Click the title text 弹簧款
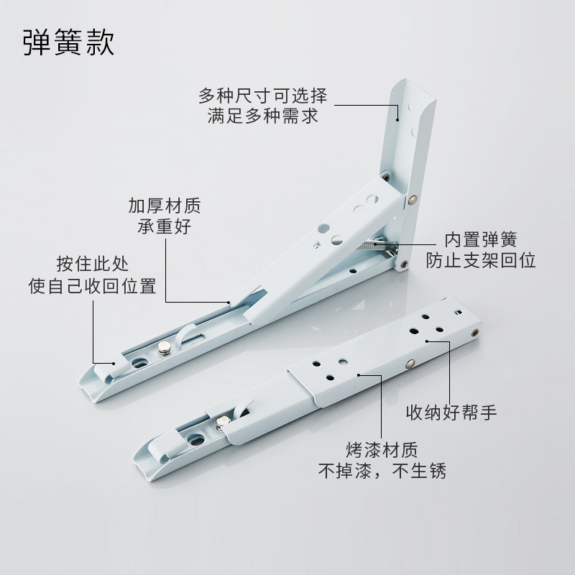click(69, 42)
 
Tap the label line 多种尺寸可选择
click(262, 96)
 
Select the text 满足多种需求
click(262, 116)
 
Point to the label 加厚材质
click(165, 206)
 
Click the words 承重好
click(165, 226)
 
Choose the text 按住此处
click(93, 264)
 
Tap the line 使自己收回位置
click(93, 285)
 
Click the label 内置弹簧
click(481, 239)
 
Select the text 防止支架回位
click(481, 260)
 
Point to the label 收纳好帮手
click(451, 412)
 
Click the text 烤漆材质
click(382, 450)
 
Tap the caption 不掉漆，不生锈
click(382, 471)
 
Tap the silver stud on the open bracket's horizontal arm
click(165, 348)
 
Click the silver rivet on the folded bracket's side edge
click(410, 364)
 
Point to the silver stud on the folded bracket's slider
click(222, 423)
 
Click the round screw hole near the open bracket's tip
click(138, 363)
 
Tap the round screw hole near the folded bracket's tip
click(195, 438)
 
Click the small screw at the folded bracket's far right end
click(475, 333)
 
